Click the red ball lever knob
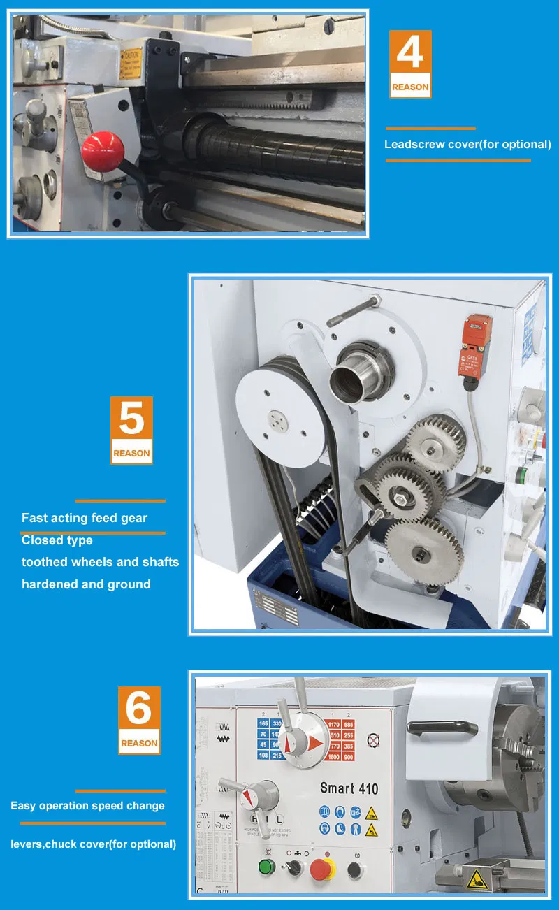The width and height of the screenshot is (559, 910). [103, 148]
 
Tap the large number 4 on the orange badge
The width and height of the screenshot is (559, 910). [410, 54]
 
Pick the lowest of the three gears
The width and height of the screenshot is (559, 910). [424, 552]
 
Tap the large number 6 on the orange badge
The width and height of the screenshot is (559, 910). [138, 709]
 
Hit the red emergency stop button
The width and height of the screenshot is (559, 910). [322, 869]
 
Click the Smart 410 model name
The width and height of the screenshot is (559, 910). [349, 788]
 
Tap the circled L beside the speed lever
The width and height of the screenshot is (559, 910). [279, 818]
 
